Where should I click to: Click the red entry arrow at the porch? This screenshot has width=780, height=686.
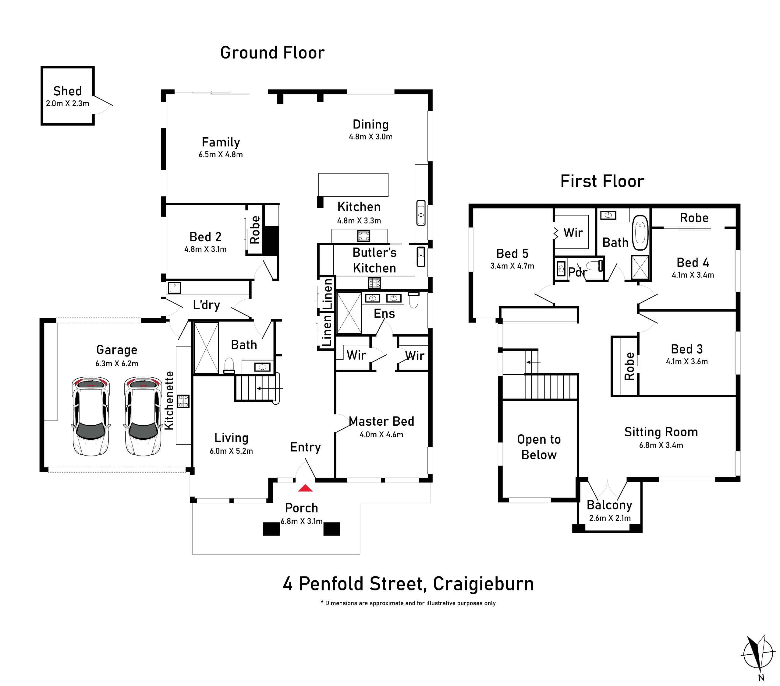point(305,488)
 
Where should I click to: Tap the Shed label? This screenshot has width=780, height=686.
point(68,91)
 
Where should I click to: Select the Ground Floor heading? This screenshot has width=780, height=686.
point(272,53)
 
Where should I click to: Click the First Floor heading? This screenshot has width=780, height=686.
point(602,181)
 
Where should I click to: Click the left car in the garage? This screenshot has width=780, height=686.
point(91,416)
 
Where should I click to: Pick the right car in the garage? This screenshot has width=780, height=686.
point(143,416)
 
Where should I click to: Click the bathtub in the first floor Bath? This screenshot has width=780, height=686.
point(640,233)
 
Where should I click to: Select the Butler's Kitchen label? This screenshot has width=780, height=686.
point(374,260)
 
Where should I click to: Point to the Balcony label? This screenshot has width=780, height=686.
point(609,505)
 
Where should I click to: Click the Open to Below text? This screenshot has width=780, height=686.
point(539,447)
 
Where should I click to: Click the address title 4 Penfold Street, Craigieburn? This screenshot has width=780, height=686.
point(408,584)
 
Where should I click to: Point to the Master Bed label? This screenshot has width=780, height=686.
point(381,421)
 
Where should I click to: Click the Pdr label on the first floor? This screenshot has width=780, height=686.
point(577,272)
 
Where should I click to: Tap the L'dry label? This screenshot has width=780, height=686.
point(207,305)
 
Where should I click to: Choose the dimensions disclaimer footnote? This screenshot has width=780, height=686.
point(408,603)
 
